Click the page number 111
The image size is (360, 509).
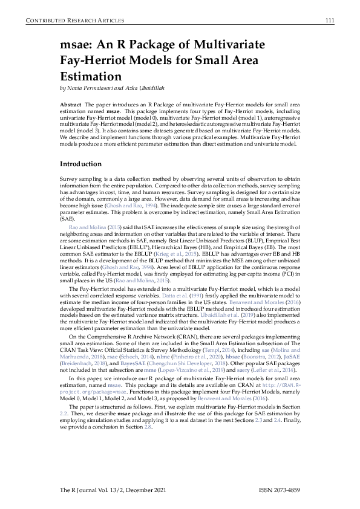click(330, 21)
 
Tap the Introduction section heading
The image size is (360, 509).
click(80, 164)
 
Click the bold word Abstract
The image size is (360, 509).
click(72, 105)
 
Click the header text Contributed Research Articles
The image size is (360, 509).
click(67, 21)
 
